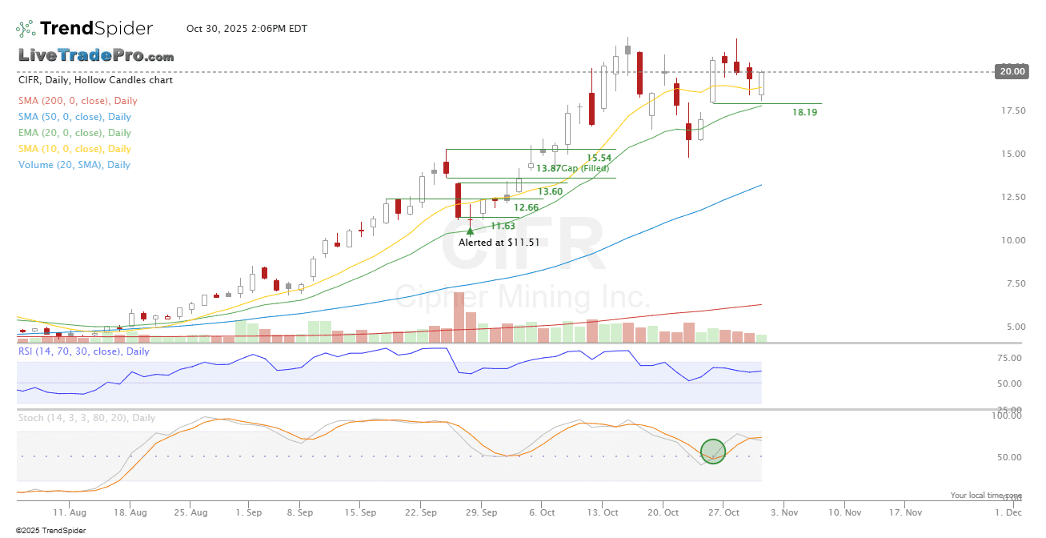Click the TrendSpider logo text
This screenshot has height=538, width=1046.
point(96,29)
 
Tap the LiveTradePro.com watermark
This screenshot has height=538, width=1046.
point(96,56)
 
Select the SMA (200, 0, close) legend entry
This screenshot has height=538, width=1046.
point(78,101)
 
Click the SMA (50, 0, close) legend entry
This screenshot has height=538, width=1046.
point(74,117)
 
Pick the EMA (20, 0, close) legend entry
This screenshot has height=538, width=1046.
point(74,133)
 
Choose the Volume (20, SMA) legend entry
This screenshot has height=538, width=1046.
point(74,165)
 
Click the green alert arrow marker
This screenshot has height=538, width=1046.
point(470,231)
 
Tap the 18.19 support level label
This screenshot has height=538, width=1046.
point(804,113)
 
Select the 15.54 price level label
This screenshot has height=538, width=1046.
point(599,159)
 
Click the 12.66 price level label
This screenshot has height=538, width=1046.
point(526,208)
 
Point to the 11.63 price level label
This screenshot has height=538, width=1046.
point(503,227)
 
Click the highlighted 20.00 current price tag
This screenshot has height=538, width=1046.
point(1010,71)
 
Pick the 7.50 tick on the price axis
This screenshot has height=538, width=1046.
point(1013,283)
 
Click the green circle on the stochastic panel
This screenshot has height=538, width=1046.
point(713,452)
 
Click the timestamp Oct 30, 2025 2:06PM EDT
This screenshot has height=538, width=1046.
point(246,29)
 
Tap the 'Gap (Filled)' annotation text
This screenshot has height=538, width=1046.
point(585,168)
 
